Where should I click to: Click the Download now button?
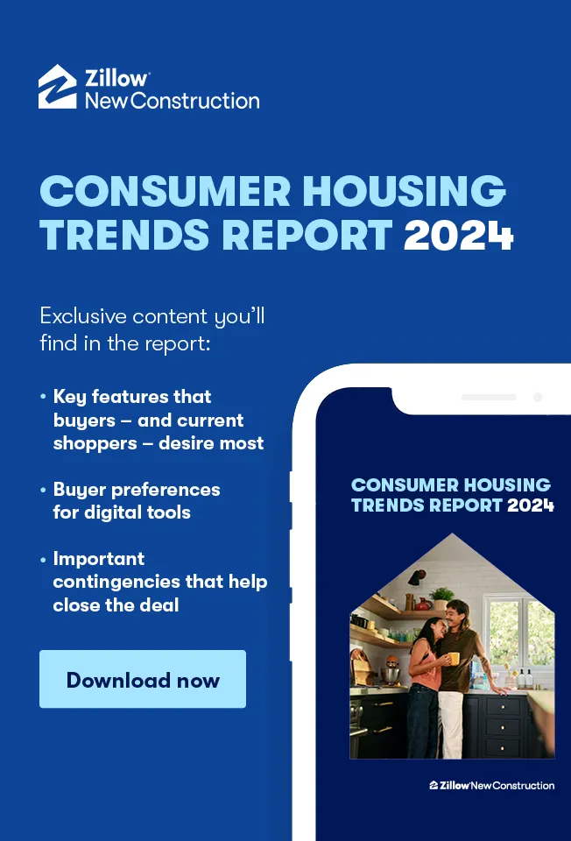point(143,679)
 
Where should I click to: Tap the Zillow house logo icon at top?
point(58,87)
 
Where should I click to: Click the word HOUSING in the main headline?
point(405,191)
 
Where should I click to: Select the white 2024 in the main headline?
point(458,235)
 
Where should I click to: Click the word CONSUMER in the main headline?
point(166,191)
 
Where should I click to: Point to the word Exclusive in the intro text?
point(82,316)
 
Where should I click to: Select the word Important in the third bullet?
point(99,559)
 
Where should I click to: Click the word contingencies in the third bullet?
point(111,582)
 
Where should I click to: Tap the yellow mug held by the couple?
point(454,658)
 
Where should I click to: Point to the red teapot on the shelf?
point(423,604)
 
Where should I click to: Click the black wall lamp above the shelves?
point(417,577)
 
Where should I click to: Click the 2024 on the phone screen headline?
point(530,505)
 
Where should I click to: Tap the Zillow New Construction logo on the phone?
point(491,785)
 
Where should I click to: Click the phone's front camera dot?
point(537,397)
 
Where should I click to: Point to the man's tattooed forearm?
point(486,668)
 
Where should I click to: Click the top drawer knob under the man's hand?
point(503,708)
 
